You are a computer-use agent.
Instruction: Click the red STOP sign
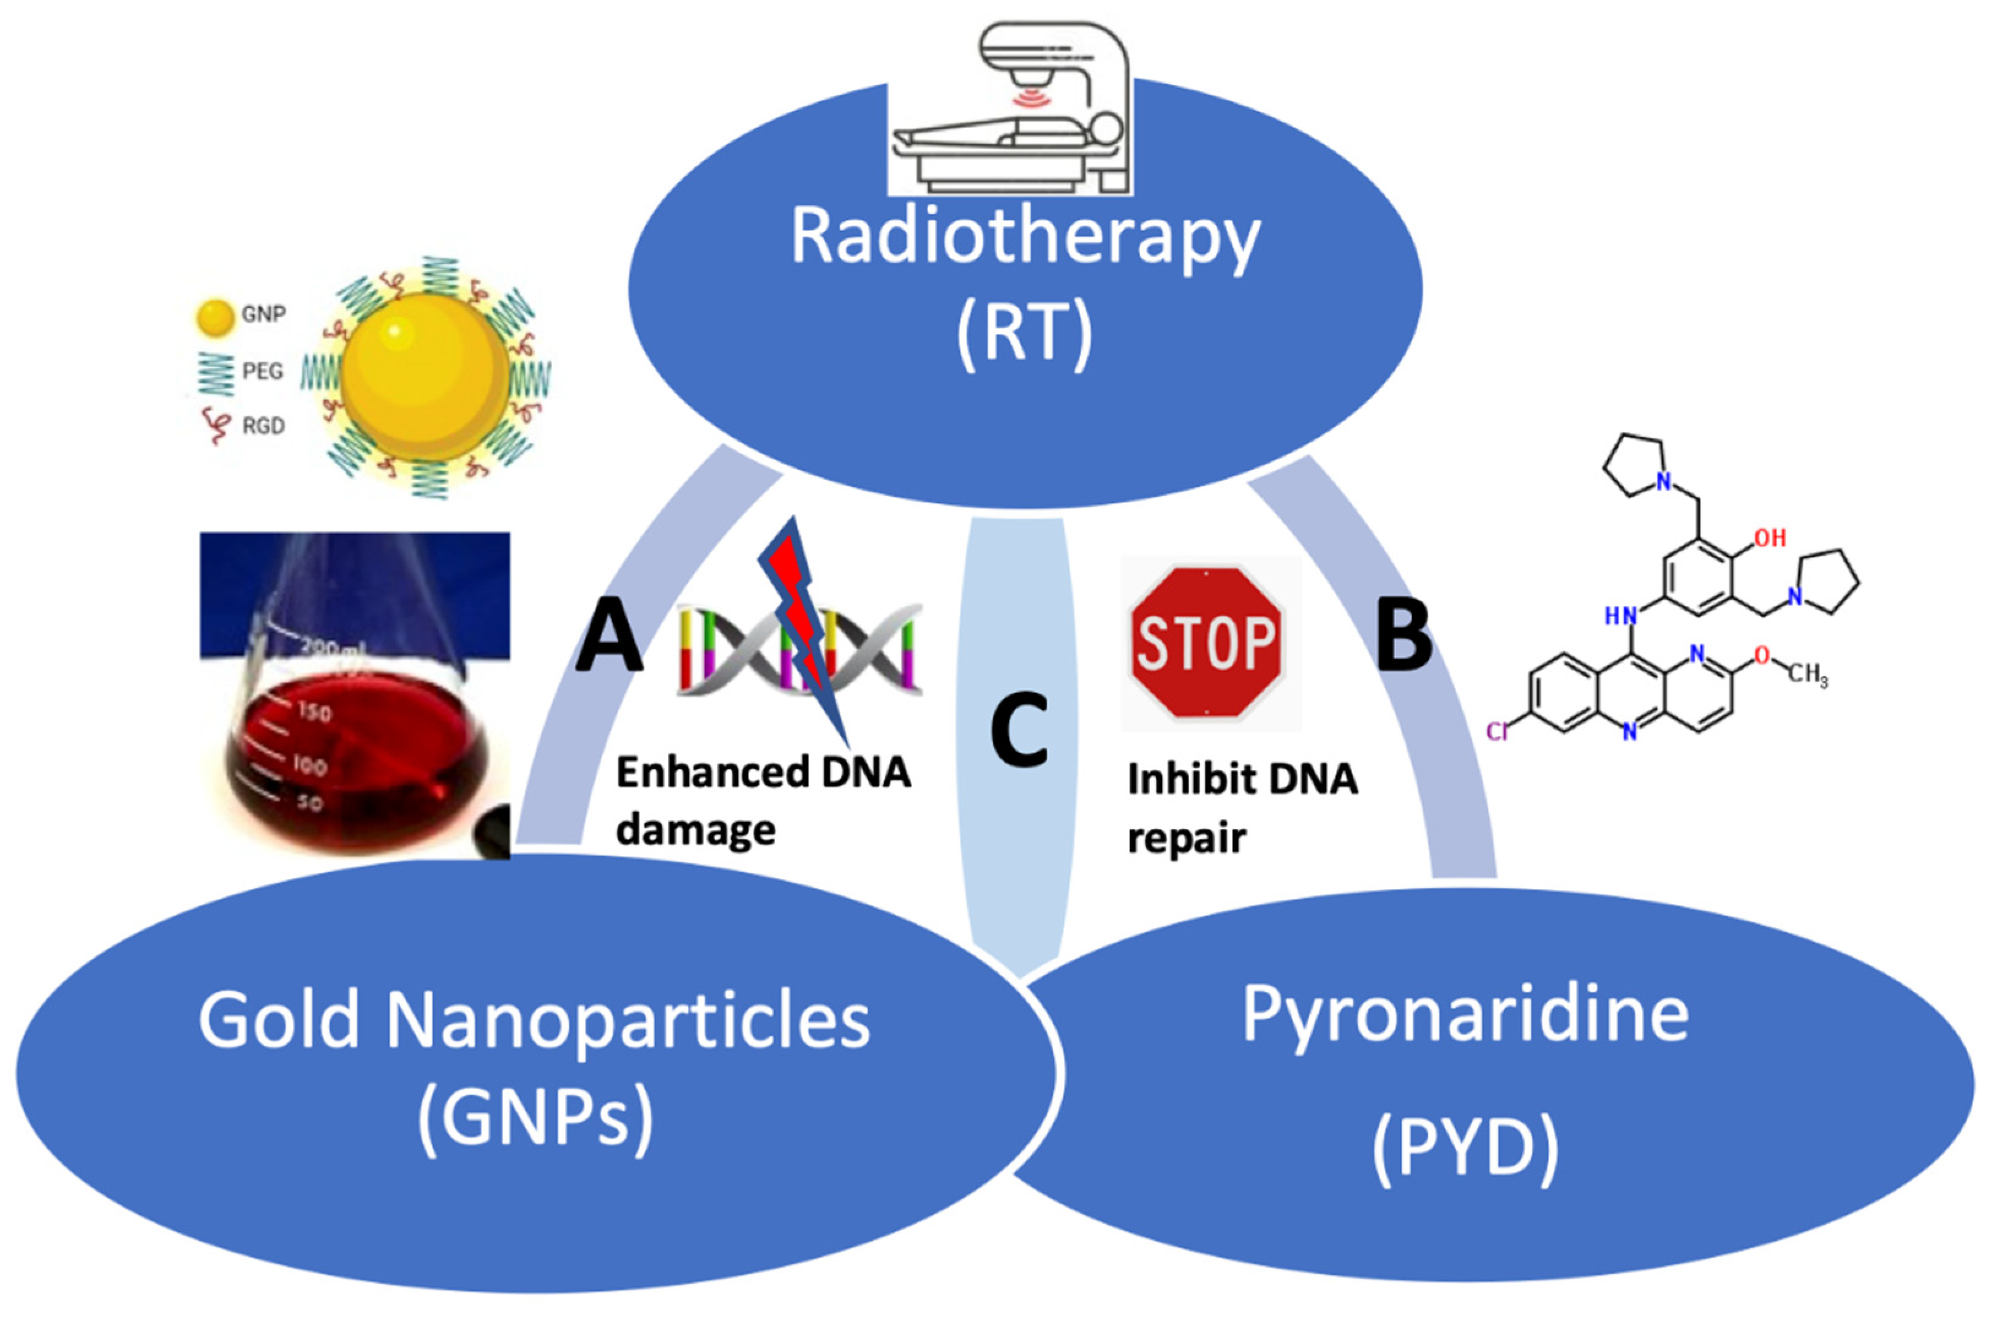tap(1207, 643)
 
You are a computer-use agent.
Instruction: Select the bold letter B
tap(1403, 636)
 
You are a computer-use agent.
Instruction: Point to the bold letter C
tap(1019, 730)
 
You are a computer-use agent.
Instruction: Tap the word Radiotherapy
tap(1024, 238)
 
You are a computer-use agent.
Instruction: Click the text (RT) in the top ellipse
tap(1024, 335)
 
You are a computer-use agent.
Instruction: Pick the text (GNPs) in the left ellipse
tap(535, 1119)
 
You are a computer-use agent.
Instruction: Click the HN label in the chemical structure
tap(1620, 616)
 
